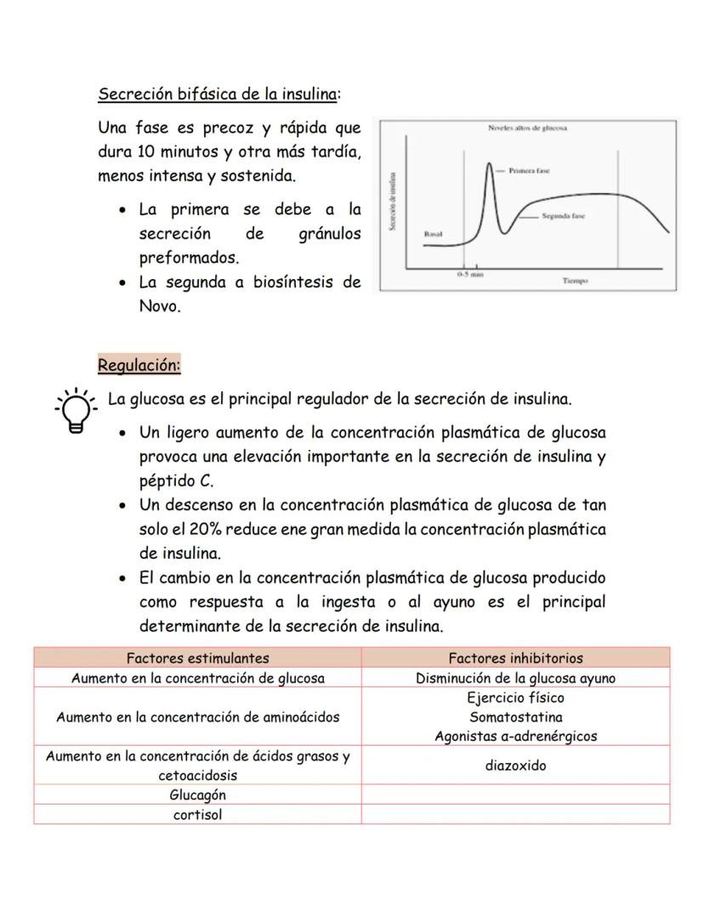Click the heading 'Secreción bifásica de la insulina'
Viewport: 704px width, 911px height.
click(x=219, y=93)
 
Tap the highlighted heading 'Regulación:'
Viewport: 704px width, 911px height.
click(x=139, y=366)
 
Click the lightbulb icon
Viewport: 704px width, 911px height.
click(x=76, y=411)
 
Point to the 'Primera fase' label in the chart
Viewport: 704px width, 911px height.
click(x=529, y=171)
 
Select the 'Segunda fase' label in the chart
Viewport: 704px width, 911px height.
click(x=563, y=216)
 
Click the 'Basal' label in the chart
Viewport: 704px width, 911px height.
click(x=433, y=232)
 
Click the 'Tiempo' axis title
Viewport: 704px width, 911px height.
click(x=575, y=280)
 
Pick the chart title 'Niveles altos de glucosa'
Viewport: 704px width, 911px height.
click(x=528, y=128)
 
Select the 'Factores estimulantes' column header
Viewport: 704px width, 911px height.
click(x=197, y=658)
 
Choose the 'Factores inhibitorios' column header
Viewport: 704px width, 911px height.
click(x=515, y=658)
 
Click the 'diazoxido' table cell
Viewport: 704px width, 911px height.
click(x=515, y=766)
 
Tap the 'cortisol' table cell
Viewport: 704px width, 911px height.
click(x=197, y=814)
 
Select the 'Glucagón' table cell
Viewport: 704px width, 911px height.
click(x=197, y=794)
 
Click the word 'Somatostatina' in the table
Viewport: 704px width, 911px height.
click(x=515, y=717)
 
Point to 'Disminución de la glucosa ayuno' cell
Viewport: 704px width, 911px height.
click(x=515, y=678)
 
